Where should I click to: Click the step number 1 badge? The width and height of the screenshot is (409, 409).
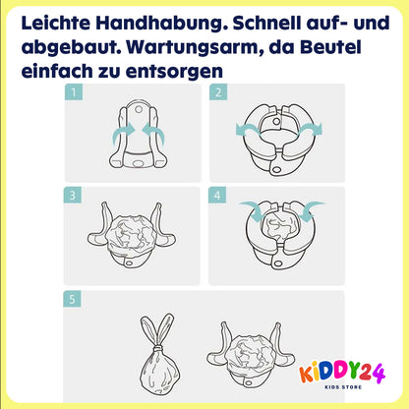point(74,92)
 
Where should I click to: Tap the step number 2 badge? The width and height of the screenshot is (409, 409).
point(218,92)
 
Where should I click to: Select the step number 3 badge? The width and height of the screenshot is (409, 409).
point(73,196)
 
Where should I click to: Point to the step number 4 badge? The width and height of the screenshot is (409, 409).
point(217,196)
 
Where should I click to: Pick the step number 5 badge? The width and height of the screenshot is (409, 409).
point(72,299)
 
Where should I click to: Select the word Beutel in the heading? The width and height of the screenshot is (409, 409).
point(330,47)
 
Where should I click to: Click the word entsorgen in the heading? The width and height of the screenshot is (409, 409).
point(174,72)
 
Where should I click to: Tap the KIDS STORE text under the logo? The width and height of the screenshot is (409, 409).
point(343,387)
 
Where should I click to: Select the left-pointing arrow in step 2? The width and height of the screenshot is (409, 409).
point(248,131)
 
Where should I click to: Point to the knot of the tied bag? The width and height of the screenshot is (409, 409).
point(158,347)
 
